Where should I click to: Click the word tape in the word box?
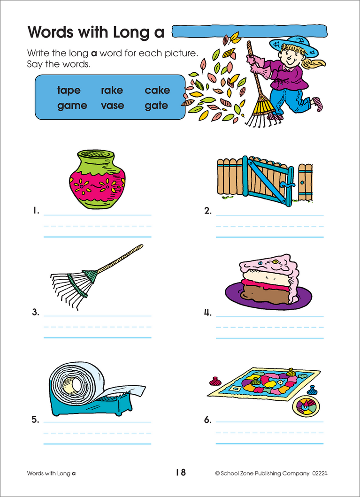pyautogui.click(x=69, y=91)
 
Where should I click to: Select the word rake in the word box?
pyautogui.click(x=112, y=91)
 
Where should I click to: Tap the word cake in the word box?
pyautogui.click(x=157, y=91)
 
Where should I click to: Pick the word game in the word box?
pyautogui.click(x=72, y=106)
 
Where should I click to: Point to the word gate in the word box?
pyautogui.click(x=156, y=106)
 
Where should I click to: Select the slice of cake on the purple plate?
pyautogui.click(x=269, y=280)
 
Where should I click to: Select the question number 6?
pyautogui.click(x=208, y=421)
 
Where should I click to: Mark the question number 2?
pyautogui.click(x=208, y=212)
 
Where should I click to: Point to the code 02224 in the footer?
pyautogui.click(x=320, y=474)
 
